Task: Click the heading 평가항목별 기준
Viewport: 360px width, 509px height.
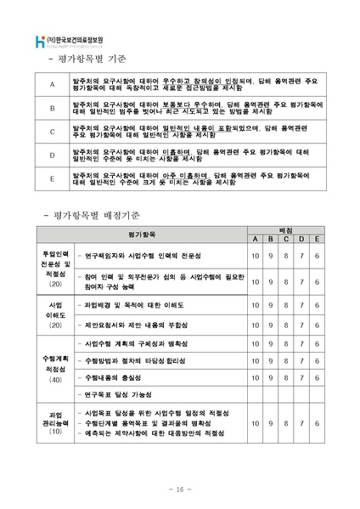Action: tap(83, 59)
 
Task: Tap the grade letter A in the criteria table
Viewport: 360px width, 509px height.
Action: tap(52, 85)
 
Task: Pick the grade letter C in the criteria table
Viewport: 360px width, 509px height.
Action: tap(52, 132)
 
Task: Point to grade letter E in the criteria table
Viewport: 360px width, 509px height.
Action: tap(52, 178)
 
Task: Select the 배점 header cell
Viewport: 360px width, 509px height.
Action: tap(284, 229)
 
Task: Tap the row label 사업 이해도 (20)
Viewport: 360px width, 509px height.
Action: tap(54, 314)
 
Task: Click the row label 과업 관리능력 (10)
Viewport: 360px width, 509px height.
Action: tap(54, 423)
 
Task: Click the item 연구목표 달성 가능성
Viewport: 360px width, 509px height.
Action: tap(127, 395)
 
